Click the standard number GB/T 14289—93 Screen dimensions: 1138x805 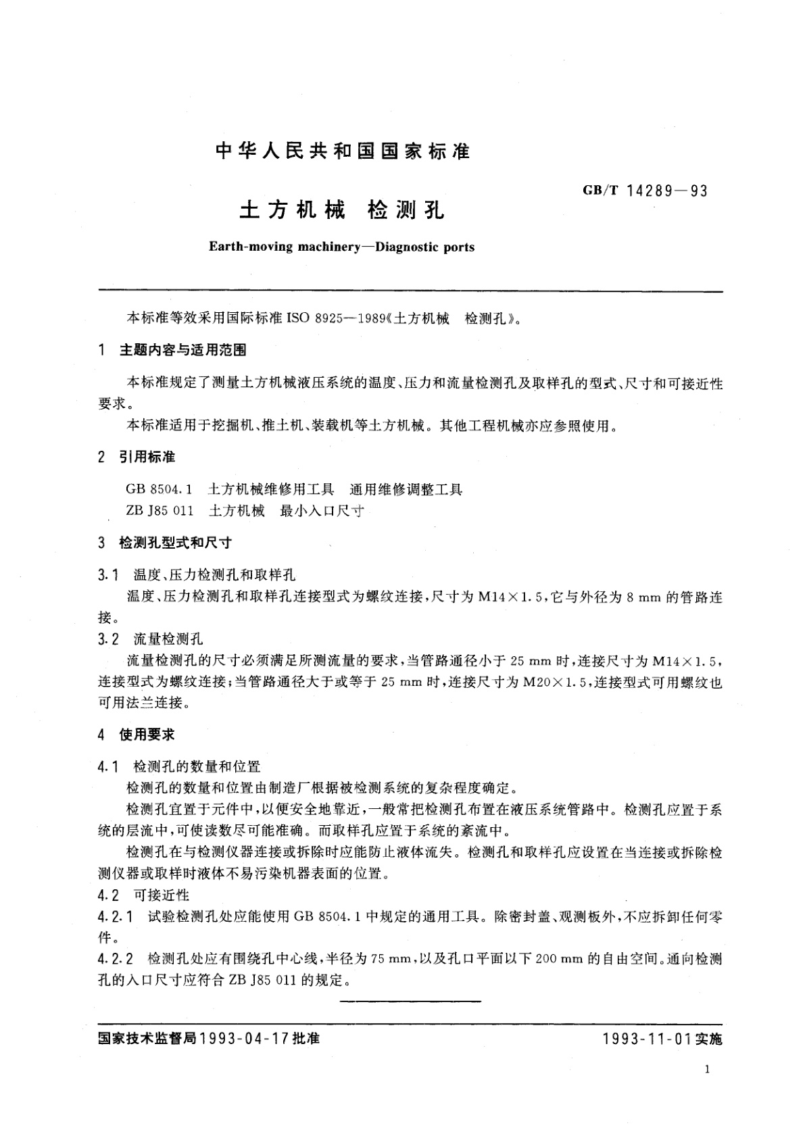(x=645, y=191)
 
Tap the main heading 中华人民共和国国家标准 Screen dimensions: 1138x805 (x=342, y=151)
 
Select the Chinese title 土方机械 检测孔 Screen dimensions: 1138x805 (x=342, y=211)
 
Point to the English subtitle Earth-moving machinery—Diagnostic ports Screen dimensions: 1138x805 (x=341, y=247)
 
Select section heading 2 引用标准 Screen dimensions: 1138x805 (x=137, y=457)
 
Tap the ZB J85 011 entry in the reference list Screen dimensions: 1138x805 (x=160, y=511)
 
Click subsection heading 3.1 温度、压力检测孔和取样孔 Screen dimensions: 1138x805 (x=197, y=575)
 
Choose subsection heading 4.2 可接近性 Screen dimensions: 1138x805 (x=144, y=895)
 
